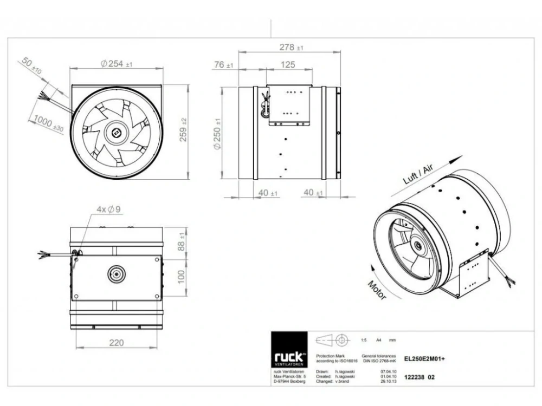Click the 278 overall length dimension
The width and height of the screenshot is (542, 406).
tap(291, 48)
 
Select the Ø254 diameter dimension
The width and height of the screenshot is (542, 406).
tap(116, 64)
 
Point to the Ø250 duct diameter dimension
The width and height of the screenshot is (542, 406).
tap(217, 133)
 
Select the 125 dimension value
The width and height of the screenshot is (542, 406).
tap(288, 65)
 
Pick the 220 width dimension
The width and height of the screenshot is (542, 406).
tap(116, 342)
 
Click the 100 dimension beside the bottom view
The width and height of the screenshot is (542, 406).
tap(182, 276)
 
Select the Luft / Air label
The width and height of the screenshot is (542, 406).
tap(419, 174)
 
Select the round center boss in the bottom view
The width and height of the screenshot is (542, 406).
tap(116, 273)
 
